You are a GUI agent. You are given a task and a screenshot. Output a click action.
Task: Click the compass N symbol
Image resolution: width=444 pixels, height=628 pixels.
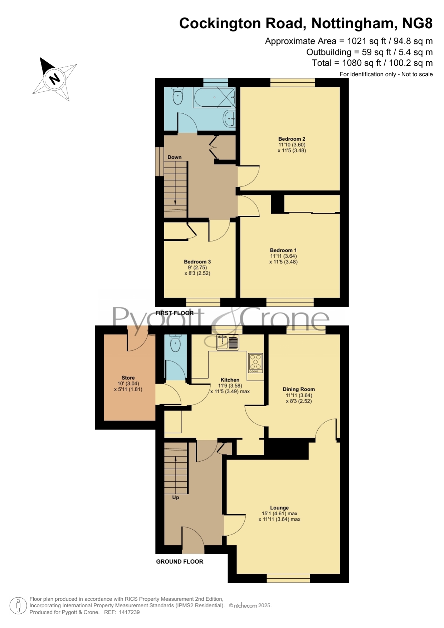pos(54,78)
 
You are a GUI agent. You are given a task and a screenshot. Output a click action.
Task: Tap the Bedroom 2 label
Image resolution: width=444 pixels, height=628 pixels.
pos(292,139)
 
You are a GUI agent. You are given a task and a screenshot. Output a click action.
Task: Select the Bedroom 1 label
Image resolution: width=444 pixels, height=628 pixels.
pos(283,250)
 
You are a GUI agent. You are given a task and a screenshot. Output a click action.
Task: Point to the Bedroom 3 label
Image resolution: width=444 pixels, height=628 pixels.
pos(197,262)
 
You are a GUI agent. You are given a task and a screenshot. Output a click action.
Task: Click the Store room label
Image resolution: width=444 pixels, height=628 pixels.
pos(128,378)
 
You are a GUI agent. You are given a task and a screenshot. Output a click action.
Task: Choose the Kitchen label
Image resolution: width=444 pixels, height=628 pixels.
pos(230,380)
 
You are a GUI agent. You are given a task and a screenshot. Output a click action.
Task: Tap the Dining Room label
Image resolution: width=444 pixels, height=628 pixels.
pos(299,389)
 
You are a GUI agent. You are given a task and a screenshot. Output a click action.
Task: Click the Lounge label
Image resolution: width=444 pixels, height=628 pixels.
pos(279,508)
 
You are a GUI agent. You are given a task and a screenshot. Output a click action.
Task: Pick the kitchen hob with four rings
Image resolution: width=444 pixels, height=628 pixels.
pos(255,363)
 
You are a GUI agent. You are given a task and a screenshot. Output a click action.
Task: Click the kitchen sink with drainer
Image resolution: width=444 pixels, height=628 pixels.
pos(228,342)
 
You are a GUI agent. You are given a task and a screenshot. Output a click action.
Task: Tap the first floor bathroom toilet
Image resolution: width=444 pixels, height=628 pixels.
pos(177,95)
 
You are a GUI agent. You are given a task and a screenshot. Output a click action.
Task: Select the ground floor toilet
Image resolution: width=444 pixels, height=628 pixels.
pos(175,344)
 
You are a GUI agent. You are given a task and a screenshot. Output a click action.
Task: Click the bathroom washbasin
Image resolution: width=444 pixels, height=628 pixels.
pos(230,118)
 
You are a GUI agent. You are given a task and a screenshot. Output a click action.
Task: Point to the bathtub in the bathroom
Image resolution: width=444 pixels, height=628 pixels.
pos(214,97)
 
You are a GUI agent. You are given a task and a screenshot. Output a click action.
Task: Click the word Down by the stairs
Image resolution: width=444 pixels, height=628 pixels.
pos(175,157)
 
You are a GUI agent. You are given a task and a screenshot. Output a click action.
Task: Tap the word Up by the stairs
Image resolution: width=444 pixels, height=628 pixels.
pos(176,497)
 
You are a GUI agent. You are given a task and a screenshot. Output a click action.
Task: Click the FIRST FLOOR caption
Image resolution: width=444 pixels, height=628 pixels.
pos(175,313)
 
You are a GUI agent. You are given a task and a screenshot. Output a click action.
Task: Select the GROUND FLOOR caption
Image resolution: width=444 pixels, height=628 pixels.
pos(180,562)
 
